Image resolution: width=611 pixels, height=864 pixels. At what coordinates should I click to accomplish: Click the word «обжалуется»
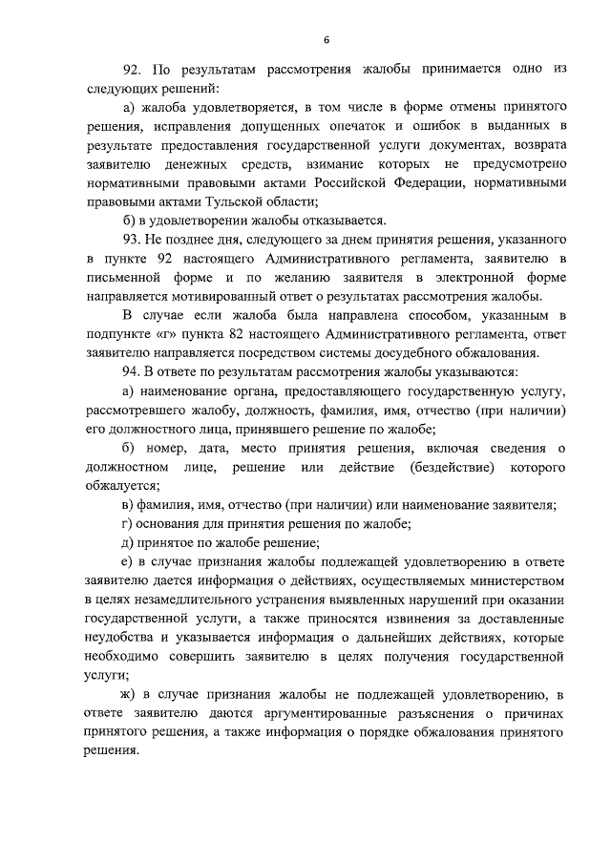pos(118,486)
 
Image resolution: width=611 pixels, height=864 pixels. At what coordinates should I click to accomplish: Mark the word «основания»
pos(172,523)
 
